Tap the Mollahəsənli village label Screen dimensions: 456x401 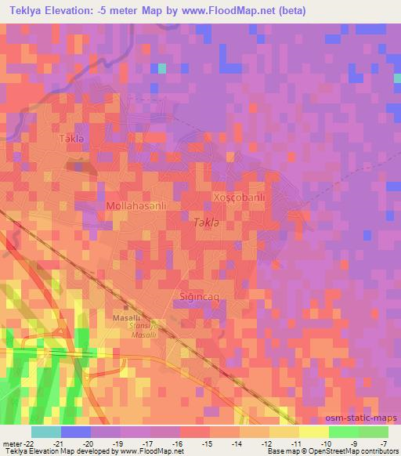pyautogui.click(x=136, y=205)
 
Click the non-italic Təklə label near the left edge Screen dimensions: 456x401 pyautogui.click(x=71, y=139)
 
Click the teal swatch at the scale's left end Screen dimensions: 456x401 pyautogui.click(x=45, y=432)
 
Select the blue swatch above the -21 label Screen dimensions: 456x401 pyautogui.click(x=76, y=432)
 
